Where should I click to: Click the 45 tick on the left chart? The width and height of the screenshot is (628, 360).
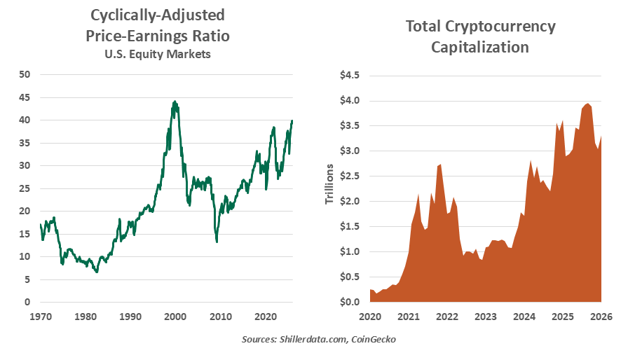(x=25, y=97)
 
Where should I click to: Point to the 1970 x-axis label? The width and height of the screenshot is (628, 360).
(x=41, y=316)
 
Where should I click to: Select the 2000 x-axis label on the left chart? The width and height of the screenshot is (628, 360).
(x=176, y=316)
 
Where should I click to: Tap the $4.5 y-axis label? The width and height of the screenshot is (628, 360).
(x=349, y=75)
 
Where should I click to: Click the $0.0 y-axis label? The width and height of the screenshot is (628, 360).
(x=349, y=302)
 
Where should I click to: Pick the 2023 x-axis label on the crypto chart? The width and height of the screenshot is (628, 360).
(x=485, y=316)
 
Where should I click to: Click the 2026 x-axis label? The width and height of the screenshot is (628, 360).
(x=601, y=316)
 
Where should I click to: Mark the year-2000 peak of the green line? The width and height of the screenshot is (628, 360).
(x=175, y=102)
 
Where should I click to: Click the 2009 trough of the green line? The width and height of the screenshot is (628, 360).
(x=217, y=242)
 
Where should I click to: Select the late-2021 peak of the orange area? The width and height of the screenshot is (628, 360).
(x=439, y=165)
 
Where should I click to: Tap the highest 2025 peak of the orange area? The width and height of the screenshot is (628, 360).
(x=588, y=104)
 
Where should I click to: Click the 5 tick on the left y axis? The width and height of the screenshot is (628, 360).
(x=27, y=279)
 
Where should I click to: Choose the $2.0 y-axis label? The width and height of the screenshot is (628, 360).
(x=349, y=201)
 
